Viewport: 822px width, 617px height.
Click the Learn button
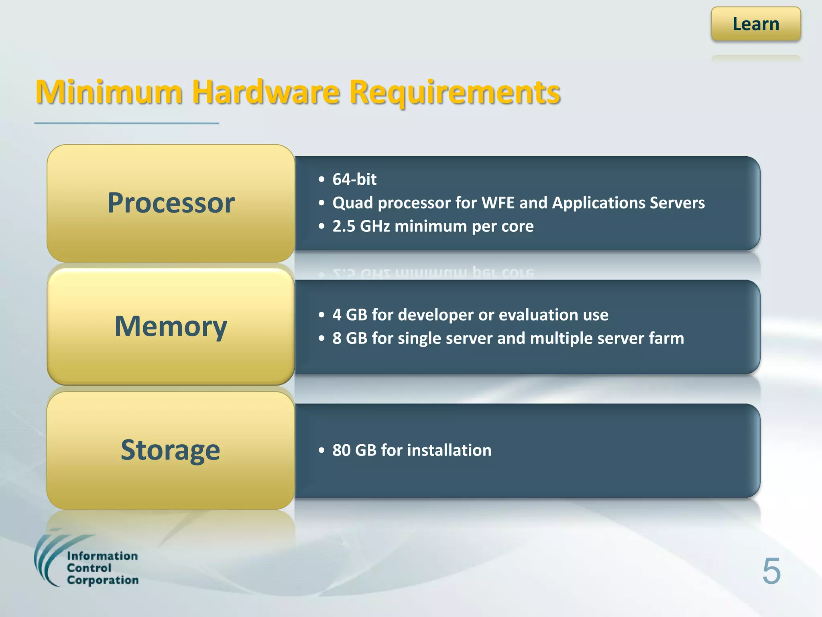point(756,24)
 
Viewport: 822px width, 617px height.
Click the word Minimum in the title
point(109,92)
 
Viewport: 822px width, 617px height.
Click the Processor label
point(171,203)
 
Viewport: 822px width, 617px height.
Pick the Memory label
point(171,326)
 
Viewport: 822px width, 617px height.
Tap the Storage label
point(171,450)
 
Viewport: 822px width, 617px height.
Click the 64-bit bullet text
point(354,179)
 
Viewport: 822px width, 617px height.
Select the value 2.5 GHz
point(361,226)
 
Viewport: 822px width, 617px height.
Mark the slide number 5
point(771,571)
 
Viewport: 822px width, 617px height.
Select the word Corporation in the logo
point(103,580)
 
